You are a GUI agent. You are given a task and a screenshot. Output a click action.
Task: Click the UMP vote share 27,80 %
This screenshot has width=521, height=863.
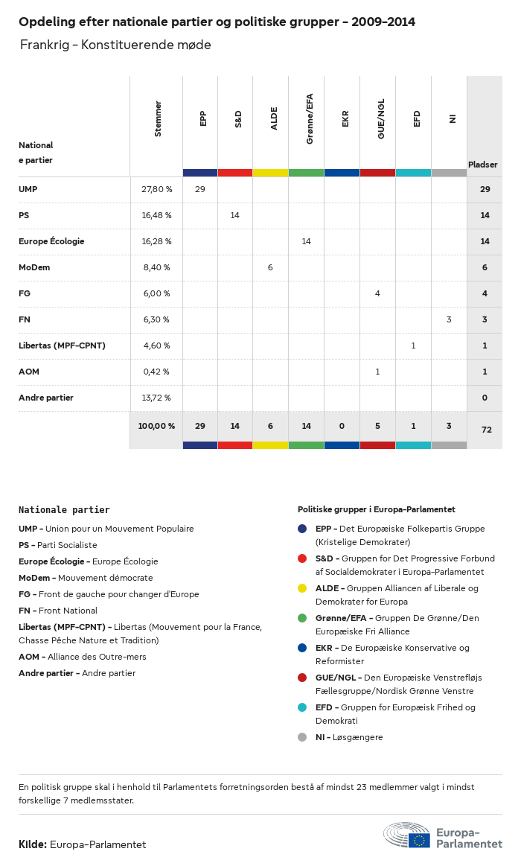click(x=156, y=189)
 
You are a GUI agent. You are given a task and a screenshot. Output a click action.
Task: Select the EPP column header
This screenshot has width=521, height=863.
click(x=203, y=118)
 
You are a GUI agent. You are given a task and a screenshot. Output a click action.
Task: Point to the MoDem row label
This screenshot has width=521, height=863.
click(x=34, y=267)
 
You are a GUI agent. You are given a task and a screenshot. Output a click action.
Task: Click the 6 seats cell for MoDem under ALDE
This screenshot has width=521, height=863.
click(x=270, y=267)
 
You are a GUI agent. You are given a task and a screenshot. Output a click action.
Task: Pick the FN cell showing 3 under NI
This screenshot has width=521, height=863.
click(x=449, y=319)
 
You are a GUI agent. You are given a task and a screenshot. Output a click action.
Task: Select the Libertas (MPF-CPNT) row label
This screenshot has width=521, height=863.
click(x=62, y=345)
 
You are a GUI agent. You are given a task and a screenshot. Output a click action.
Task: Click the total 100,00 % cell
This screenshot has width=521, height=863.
click(x=156, y=426)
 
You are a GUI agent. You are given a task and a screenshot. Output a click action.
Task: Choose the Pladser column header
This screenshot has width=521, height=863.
click(x=483, y=165)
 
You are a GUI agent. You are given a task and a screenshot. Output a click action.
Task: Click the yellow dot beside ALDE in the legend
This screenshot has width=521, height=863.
click(x=302, y=588)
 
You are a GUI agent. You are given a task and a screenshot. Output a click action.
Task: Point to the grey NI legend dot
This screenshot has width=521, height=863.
click(x=302, y=737)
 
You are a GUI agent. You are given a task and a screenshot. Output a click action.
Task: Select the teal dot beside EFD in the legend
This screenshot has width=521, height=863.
click(x=302, y=707)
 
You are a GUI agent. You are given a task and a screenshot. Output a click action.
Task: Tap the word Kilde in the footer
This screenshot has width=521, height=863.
click(x=32, y=844)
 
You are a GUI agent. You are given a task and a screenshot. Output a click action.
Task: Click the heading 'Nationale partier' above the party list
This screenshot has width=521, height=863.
click(x=64, y=510)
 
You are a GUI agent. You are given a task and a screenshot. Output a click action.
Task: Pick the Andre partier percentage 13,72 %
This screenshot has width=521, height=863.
click(x=156, y=398)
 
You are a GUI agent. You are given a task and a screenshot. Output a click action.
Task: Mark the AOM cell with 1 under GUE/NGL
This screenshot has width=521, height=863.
click(x=377, y=372)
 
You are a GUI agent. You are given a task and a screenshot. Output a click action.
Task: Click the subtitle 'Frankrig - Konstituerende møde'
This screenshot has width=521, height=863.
click(x=115, y=45)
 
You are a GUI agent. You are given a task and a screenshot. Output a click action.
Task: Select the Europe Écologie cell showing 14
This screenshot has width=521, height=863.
click(x=306, y=241)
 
